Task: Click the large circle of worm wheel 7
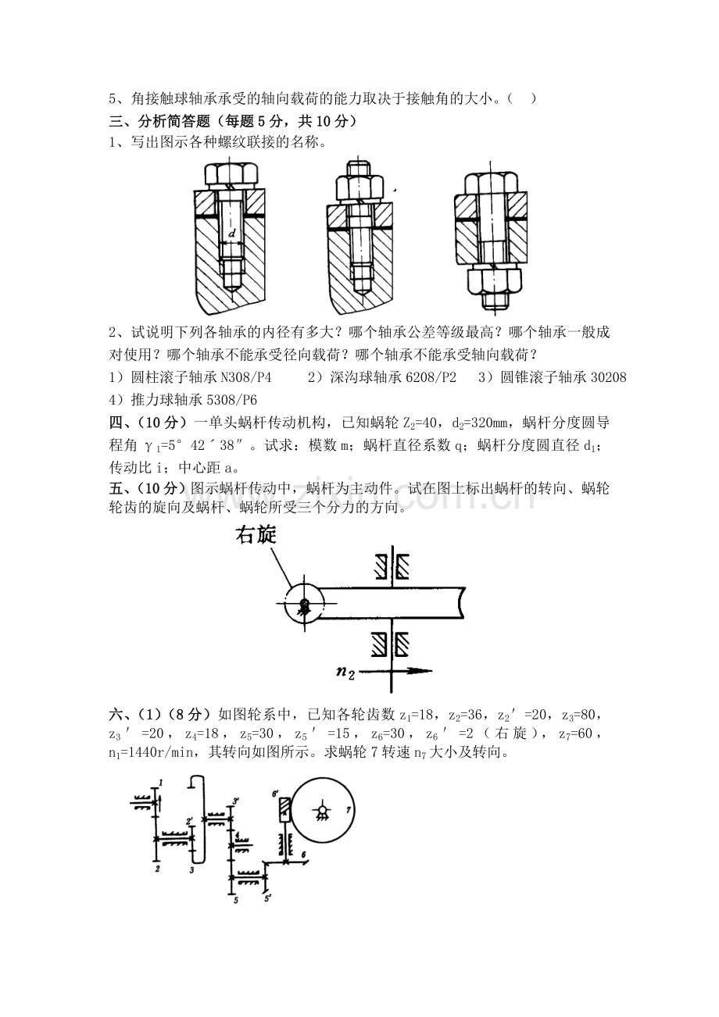(320, 813)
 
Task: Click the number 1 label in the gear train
(159, 782)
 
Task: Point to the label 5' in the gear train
(268, 897)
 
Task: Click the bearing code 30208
(608, 377)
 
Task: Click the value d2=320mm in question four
(480, 423)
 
